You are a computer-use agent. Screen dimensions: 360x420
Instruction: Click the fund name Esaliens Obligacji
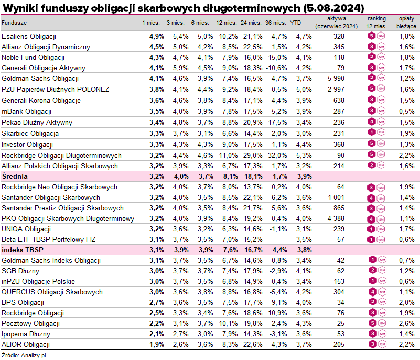coord(29,37)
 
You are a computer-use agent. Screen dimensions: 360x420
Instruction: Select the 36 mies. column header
coord(275,23)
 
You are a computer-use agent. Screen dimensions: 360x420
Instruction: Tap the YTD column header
coord(296,23)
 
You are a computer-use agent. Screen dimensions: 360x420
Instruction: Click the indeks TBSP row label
coord(20,250)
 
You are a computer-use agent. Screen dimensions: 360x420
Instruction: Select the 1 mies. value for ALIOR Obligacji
coord(157,344)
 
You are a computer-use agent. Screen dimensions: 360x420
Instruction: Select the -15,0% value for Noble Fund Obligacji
coord(276,57)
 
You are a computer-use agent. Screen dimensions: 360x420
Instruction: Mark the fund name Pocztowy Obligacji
coord(30,323)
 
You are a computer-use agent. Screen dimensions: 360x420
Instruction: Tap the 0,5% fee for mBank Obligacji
coord(407,112)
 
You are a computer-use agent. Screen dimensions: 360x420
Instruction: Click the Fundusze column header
coord(14,23)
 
